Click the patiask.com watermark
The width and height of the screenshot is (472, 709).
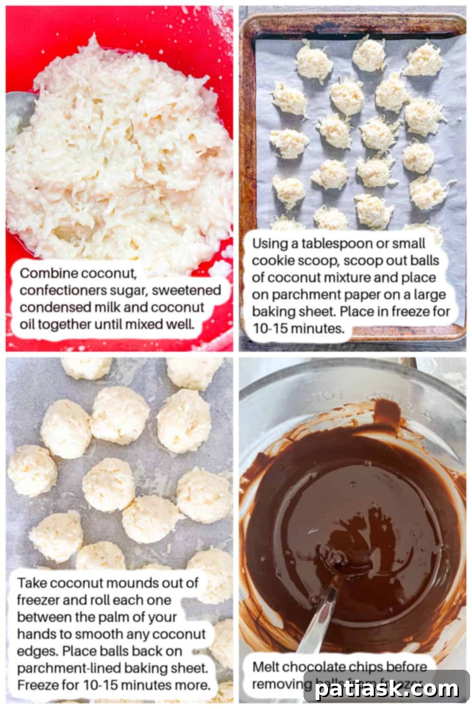[387, 689]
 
